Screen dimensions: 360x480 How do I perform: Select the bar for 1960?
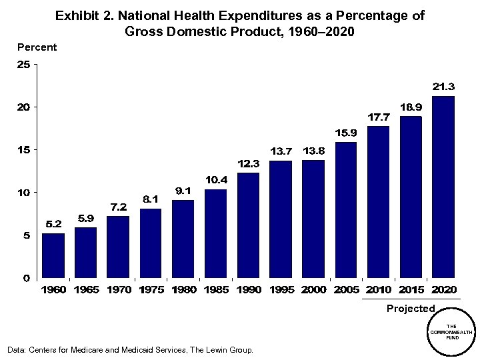[53, 255]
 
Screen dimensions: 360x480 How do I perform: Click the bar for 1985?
[216, 233]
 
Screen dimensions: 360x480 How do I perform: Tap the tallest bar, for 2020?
[443, 187]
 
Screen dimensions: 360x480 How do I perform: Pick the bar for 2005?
[346, 210]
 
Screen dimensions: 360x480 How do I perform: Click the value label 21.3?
[443, 87]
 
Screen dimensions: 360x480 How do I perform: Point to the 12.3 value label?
[249, 163]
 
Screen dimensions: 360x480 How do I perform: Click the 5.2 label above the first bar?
[53, 224]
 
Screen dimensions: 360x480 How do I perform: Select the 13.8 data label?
[314, 151]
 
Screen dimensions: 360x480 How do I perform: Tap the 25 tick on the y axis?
[23, 65]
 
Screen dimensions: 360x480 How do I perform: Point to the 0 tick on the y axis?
[27, 278]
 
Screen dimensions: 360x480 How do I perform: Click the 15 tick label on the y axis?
[23, 150]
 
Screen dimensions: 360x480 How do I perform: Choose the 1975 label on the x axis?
[151, 290]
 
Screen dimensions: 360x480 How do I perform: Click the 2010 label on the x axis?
[379, 290]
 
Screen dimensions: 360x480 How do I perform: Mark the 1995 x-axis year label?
[281, 290]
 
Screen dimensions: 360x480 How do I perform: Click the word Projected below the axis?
[411, 309]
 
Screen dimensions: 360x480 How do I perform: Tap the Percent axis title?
[37, 47]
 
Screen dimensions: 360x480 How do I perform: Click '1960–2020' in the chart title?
[319, 31]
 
